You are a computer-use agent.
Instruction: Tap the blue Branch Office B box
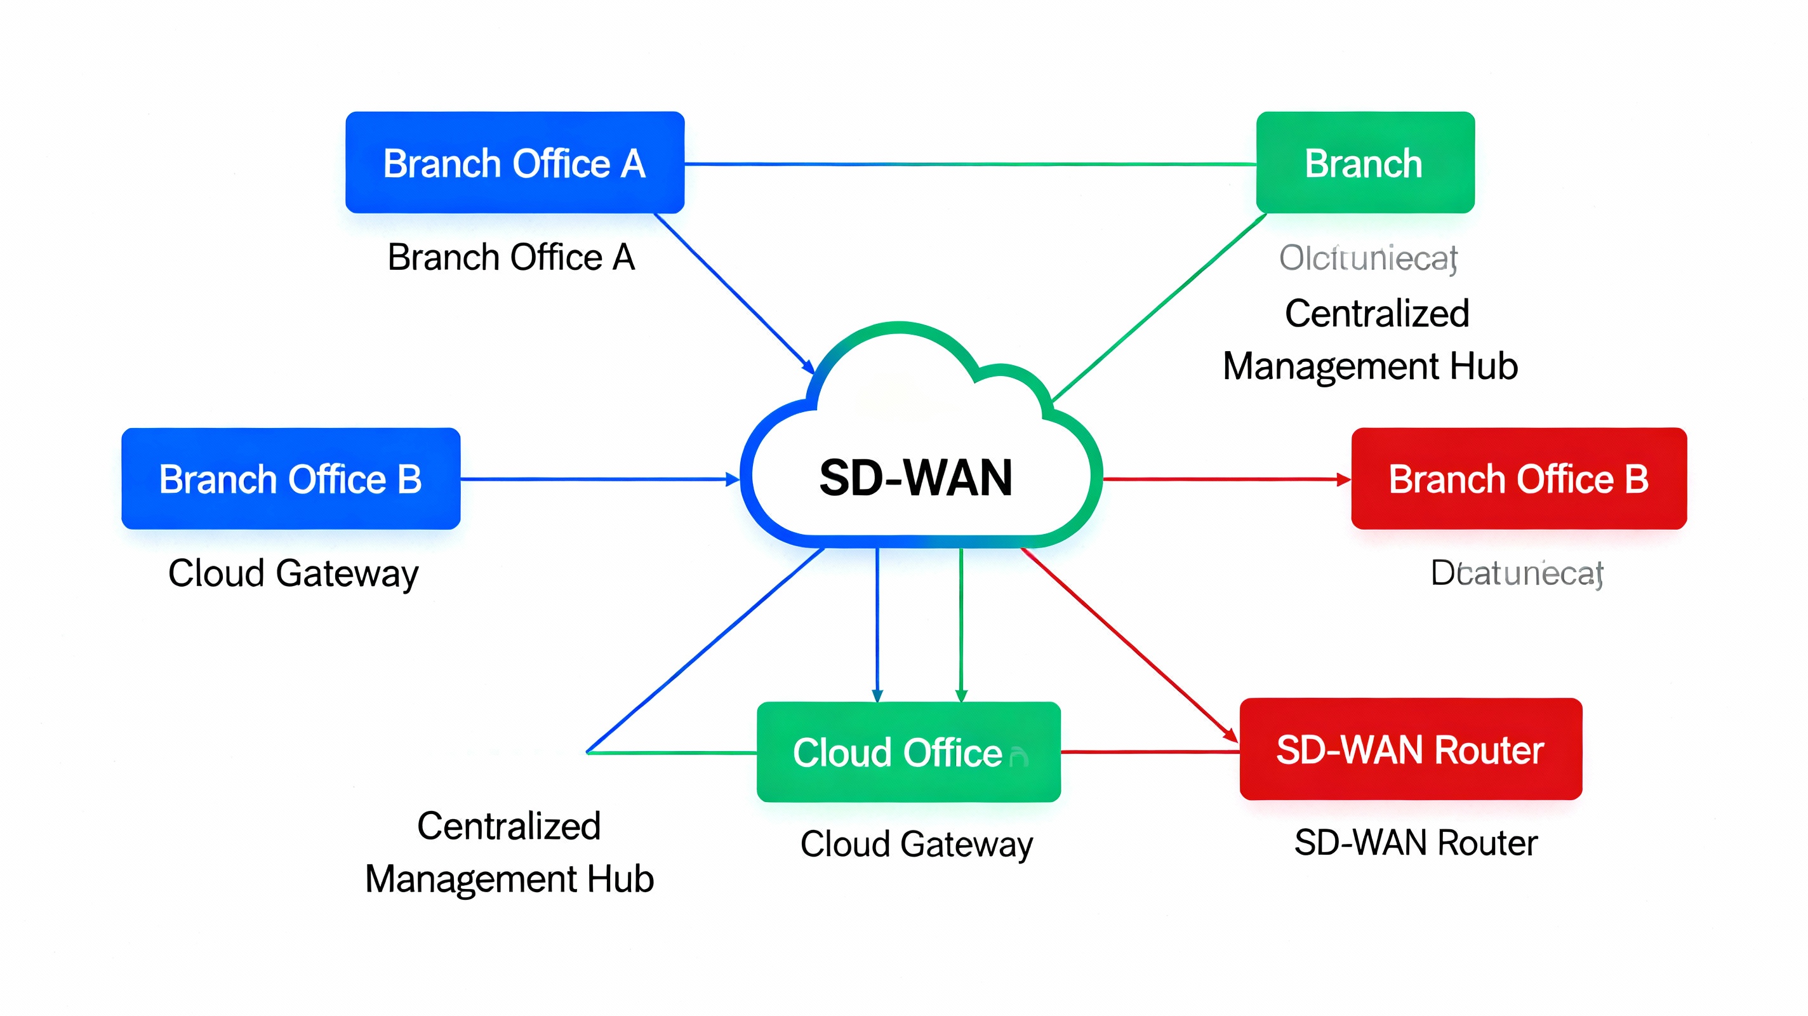(x=291, y=478)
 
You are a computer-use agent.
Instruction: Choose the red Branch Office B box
(x=1518, y=478)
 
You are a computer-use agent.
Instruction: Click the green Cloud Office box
(x=908, y=751)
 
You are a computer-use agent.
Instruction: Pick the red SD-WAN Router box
(x=1410, y=749)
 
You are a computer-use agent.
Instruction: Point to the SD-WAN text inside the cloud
(x=915, y=478)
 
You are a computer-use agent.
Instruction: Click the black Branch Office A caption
(x=511, y=257)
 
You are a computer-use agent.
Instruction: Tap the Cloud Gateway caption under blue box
(x=293, y=573)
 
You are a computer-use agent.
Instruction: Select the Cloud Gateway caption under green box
(x=916, y=843)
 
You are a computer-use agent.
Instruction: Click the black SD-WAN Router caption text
(x=1415, y=842)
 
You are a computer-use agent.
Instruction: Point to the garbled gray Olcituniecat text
(x=1367, y=258)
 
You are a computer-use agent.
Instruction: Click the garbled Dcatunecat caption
(x=1516, y=573)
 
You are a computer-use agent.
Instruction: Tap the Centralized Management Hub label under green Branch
(x=1371, y=339)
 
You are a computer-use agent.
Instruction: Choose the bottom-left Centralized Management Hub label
(x=509, y=852)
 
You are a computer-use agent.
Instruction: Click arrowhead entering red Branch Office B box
(x=1343, y=479)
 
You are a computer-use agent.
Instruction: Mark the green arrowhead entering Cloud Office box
(x=962, y=695)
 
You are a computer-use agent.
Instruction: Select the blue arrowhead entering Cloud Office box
(x=877, y=695)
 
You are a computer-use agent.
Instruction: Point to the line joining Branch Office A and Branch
(x=969, y=164)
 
